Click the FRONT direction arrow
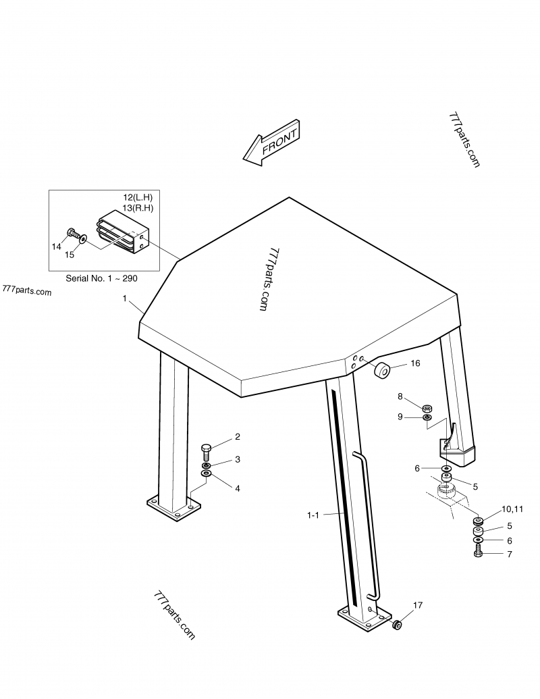pyautogui.click(x=271, y=143)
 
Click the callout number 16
pyautogui.click(x=415, y=363)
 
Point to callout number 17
pyautogui.click(x=418, y=605)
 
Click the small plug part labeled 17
pyautogui.click(x=398, y=625)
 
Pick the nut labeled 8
pyautogui.click(x=427, y=408)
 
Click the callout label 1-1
pyautogui.click(x=313, y=515)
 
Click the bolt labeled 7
pyautogui.click(x=478, y=553)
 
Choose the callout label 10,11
pyautogui.click(x=511, y=509)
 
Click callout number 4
pyautogui.click(x=237, y=488)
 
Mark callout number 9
pyautogui.click(x=400, y=417)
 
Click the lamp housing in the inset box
pyautogui.click(x=122, y=233)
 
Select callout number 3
pyautogui.click(x=237, y=460)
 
